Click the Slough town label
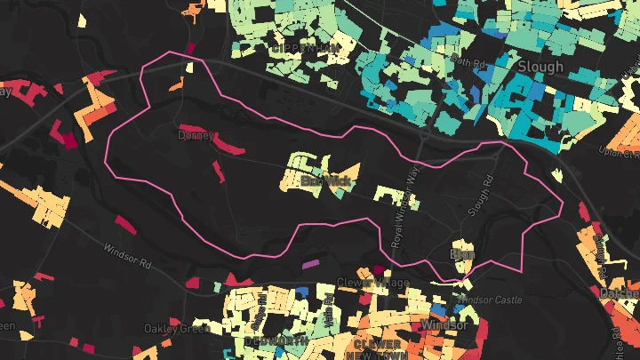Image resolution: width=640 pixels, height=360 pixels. (x=540, y=67)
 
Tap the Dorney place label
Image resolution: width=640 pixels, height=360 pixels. (x=195, y=137)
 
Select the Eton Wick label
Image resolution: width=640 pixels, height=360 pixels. (x=326, y=181)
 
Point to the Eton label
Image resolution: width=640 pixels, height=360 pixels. (x=463, y=254)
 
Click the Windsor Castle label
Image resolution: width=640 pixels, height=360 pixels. (x=492, y=300)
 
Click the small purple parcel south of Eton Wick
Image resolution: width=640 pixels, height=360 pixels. (x=310, y=264)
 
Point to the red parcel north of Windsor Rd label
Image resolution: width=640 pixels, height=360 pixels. (x=125, y=225)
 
